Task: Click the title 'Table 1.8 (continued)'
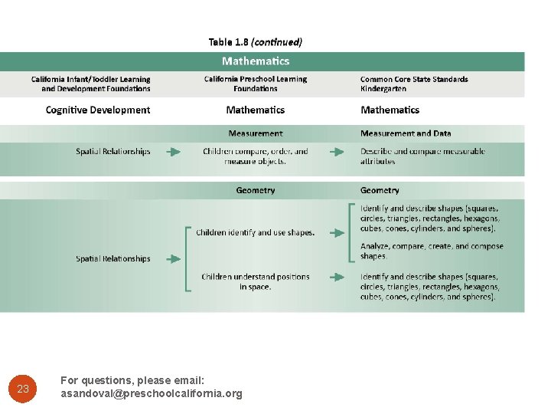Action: pos(255,42)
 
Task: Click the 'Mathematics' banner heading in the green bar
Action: pos(256,61)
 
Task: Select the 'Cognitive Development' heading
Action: pos(98,110)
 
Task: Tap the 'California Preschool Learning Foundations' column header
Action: pos(256,84)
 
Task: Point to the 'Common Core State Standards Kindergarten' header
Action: pos(414,84)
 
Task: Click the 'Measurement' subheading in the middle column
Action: pos(256,133)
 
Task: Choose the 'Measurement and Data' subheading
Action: pos(406,133)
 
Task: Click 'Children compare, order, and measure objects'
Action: pos(256,156)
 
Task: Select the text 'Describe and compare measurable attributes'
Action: pos(422,156)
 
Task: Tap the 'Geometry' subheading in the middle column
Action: pos(256,190)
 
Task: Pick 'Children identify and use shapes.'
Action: pos(256,232)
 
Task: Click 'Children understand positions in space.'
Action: pos(256,281)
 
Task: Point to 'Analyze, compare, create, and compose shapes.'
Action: pos(432,251)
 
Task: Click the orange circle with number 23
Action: pos(23,389)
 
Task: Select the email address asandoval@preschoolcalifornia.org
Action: pos(152,394)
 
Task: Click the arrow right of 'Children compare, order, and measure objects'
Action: pos(337,152)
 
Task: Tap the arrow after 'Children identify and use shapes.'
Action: pos(337,232)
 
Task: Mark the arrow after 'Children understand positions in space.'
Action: pos(337,277)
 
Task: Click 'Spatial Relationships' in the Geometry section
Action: pos(113,259)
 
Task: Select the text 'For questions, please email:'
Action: pos(132,380)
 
